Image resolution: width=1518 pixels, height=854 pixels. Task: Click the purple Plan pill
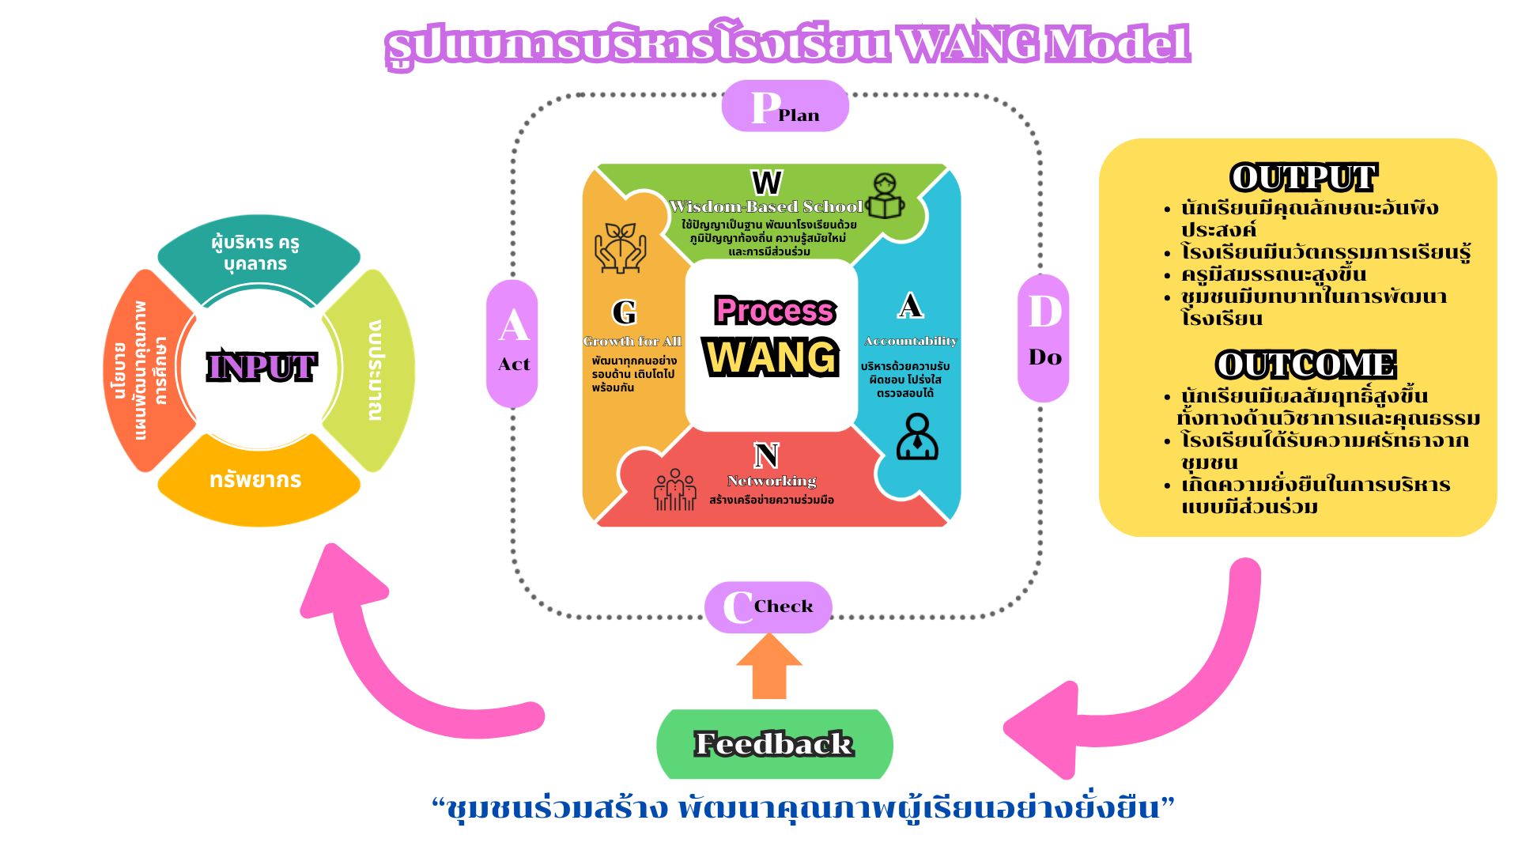(784, 107)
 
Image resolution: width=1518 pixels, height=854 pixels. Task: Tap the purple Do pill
(1044, 338)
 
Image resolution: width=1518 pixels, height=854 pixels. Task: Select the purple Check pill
(768, 607)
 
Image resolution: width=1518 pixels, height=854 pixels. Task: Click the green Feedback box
(774, 744)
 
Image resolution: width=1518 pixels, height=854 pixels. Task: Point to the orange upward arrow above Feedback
(769, 667)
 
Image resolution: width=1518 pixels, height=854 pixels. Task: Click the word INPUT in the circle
(261, 367)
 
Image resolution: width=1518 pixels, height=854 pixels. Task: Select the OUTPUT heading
(1304, 178)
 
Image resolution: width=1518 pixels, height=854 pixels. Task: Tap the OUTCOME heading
(1305, 365)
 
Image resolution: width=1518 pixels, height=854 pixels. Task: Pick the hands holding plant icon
(621, 248)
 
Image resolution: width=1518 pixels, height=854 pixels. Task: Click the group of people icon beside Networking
(674, 489)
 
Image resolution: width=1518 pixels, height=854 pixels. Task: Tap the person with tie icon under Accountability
(917, 436)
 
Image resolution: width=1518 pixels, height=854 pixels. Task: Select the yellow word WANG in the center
(772, 357)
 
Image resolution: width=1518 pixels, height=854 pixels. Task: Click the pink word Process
(774, 311)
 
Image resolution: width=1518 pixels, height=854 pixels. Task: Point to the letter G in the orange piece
(625, 312)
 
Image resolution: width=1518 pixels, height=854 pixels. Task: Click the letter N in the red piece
(766, 455)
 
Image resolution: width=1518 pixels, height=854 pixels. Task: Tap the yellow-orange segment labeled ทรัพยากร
(256, 480)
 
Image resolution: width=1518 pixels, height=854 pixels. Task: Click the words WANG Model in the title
(1044, 43)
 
